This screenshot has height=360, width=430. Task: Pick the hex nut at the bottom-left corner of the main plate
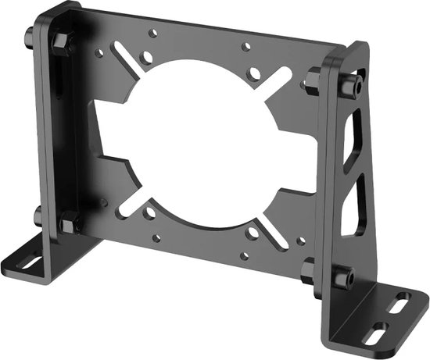[69, 223]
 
